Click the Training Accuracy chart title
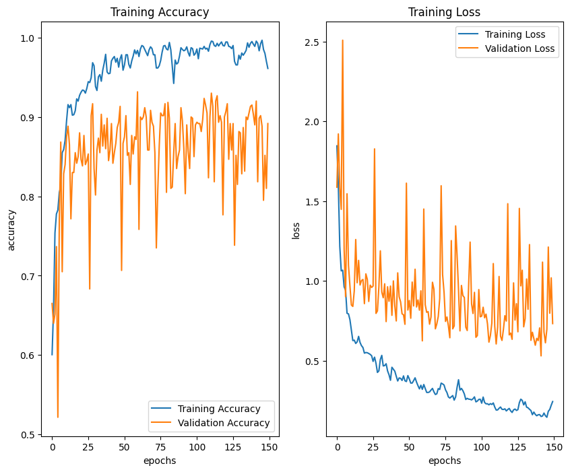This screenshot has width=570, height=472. (x=160, y=12)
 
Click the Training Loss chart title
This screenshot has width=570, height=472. (x=445, y=12)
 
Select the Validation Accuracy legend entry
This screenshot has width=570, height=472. (x=224, y=423)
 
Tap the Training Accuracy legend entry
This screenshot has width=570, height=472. (x=219, y=409)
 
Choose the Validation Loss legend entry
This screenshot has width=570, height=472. (x=516, y=48)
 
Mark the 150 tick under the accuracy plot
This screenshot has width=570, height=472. (x=268, y=446)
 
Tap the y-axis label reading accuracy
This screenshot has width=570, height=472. (x=11, y=230)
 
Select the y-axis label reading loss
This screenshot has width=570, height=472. (x=296, y=230)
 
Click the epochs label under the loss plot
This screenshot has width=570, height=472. (x=445, y=461)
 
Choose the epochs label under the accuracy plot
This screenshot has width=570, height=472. (x=160, y=461)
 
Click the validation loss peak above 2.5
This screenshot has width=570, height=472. (x=342, y=40)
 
